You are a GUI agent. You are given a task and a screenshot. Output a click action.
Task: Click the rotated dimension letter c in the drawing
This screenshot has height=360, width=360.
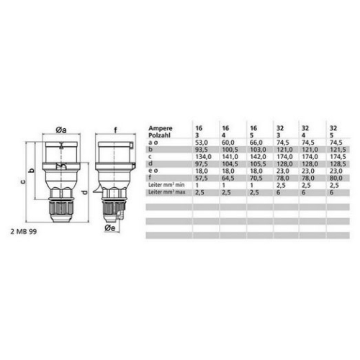pyautogui.click(x=22, y=181)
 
